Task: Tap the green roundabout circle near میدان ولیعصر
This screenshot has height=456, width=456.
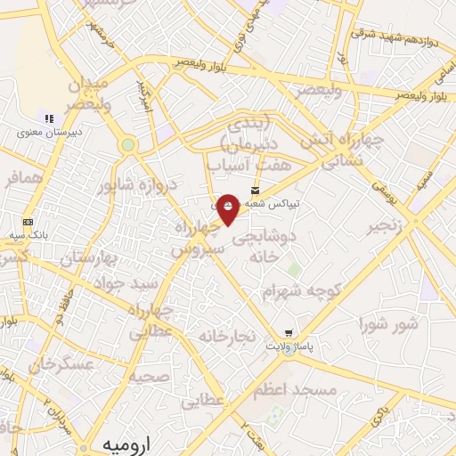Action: coord(128,144)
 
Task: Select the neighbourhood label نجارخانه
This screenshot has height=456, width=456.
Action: coord(226,336)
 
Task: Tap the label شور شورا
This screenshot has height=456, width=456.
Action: coord(389,323)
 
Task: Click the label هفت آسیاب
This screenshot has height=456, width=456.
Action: coord(237,166)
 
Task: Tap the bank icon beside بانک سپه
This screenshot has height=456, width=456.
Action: coord(28,222)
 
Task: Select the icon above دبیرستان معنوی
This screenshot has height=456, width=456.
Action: coord(49,118)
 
